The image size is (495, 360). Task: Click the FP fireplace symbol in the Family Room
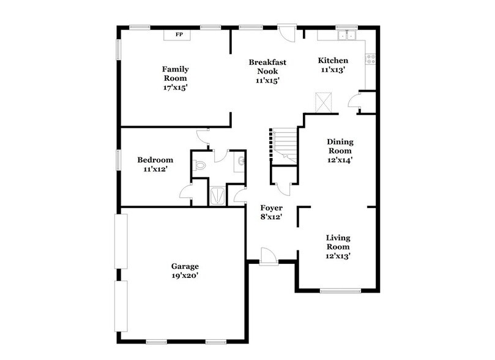[x=179, y=34]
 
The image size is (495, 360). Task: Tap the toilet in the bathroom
[x=200, y=163]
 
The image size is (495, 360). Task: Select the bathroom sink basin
[x=242, y=162]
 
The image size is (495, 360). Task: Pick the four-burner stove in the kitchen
[x=371, y=59]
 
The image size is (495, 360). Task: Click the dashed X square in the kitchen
[x=324, y=102]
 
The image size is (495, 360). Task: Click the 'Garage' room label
[x=185, y=266]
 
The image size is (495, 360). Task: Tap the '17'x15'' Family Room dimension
[x=174, y=88]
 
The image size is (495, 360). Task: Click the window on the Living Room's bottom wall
[x=340, y=290]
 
